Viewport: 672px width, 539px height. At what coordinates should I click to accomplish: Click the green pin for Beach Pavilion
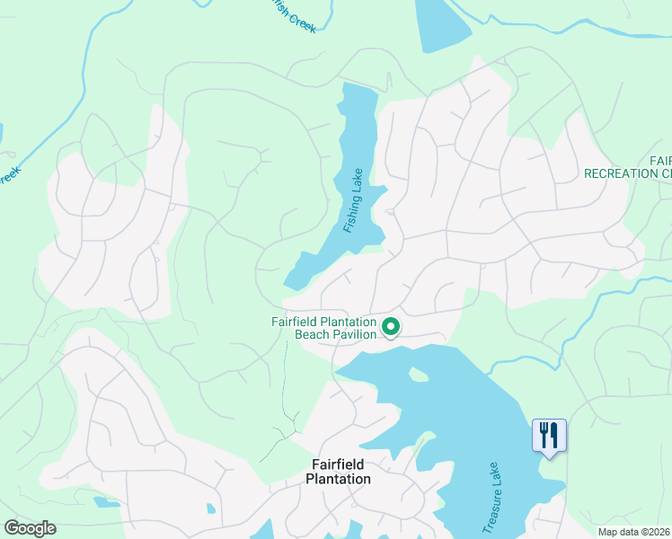pyautogui.click(x=391, y=327)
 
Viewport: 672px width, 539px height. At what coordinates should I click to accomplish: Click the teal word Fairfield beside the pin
pyautogui.click(x=296, y=323)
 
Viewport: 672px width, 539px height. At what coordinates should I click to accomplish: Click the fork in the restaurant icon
pyautogui.click(x=542, y=435)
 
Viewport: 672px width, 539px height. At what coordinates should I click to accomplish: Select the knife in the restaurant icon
pyautogui.click(x=554, y=435)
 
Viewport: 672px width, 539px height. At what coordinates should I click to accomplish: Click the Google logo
pyautogui.click(x=30, y=527)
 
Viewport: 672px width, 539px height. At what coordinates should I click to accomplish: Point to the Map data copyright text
pyautogui.click(x=634, y=532)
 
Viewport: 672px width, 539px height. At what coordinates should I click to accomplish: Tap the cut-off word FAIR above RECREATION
pyautogui.click(x=660, y=160)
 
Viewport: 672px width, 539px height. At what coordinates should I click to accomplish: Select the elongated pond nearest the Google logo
pyautogui.click(x=106, y=502)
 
